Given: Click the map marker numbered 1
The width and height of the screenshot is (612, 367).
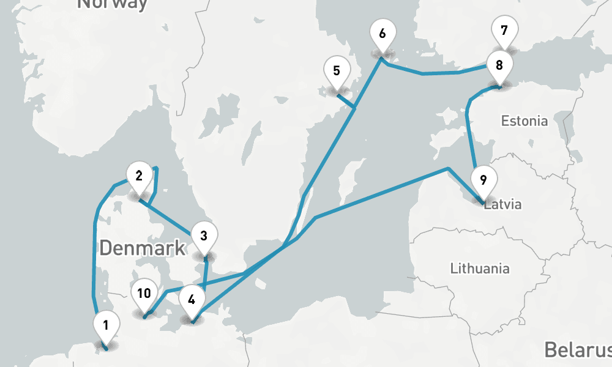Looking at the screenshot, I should [x=106, y=325].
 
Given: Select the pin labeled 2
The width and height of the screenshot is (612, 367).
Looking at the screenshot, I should [x=139, y=176].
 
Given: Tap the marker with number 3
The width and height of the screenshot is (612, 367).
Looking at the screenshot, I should [x=204, y=235].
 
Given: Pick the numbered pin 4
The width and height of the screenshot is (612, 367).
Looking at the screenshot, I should [x=192, y=300].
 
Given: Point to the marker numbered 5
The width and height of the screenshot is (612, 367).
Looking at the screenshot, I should [x=337, y=71].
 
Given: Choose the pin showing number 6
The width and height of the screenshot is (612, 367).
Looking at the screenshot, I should [x=382, y=34].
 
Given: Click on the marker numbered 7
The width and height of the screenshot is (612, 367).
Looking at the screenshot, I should [x=504, y=30].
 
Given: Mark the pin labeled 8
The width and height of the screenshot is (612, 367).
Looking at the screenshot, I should [x=499, y=65].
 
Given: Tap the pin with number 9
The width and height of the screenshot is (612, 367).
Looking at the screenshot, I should [x=483, y=180].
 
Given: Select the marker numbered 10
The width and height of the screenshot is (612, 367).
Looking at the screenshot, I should [x=144, y=294].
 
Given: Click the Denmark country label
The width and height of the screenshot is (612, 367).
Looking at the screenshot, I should [x=142, y=248].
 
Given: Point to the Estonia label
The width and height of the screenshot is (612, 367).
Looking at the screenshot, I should [x=524, y=121].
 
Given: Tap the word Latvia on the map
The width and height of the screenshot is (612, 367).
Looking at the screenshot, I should [x=503, y=204].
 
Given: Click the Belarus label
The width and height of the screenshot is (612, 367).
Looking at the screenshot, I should [x=577, y=350].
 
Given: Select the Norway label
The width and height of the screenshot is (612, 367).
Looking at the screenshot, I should [x=113, y=4].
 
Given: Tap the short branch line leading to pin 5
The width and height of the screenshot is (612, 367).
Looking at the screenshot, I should [x=346, y=102].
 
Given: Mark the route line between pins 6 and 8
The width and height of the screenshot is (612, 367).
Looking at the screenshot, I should [x=441, y=73].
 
